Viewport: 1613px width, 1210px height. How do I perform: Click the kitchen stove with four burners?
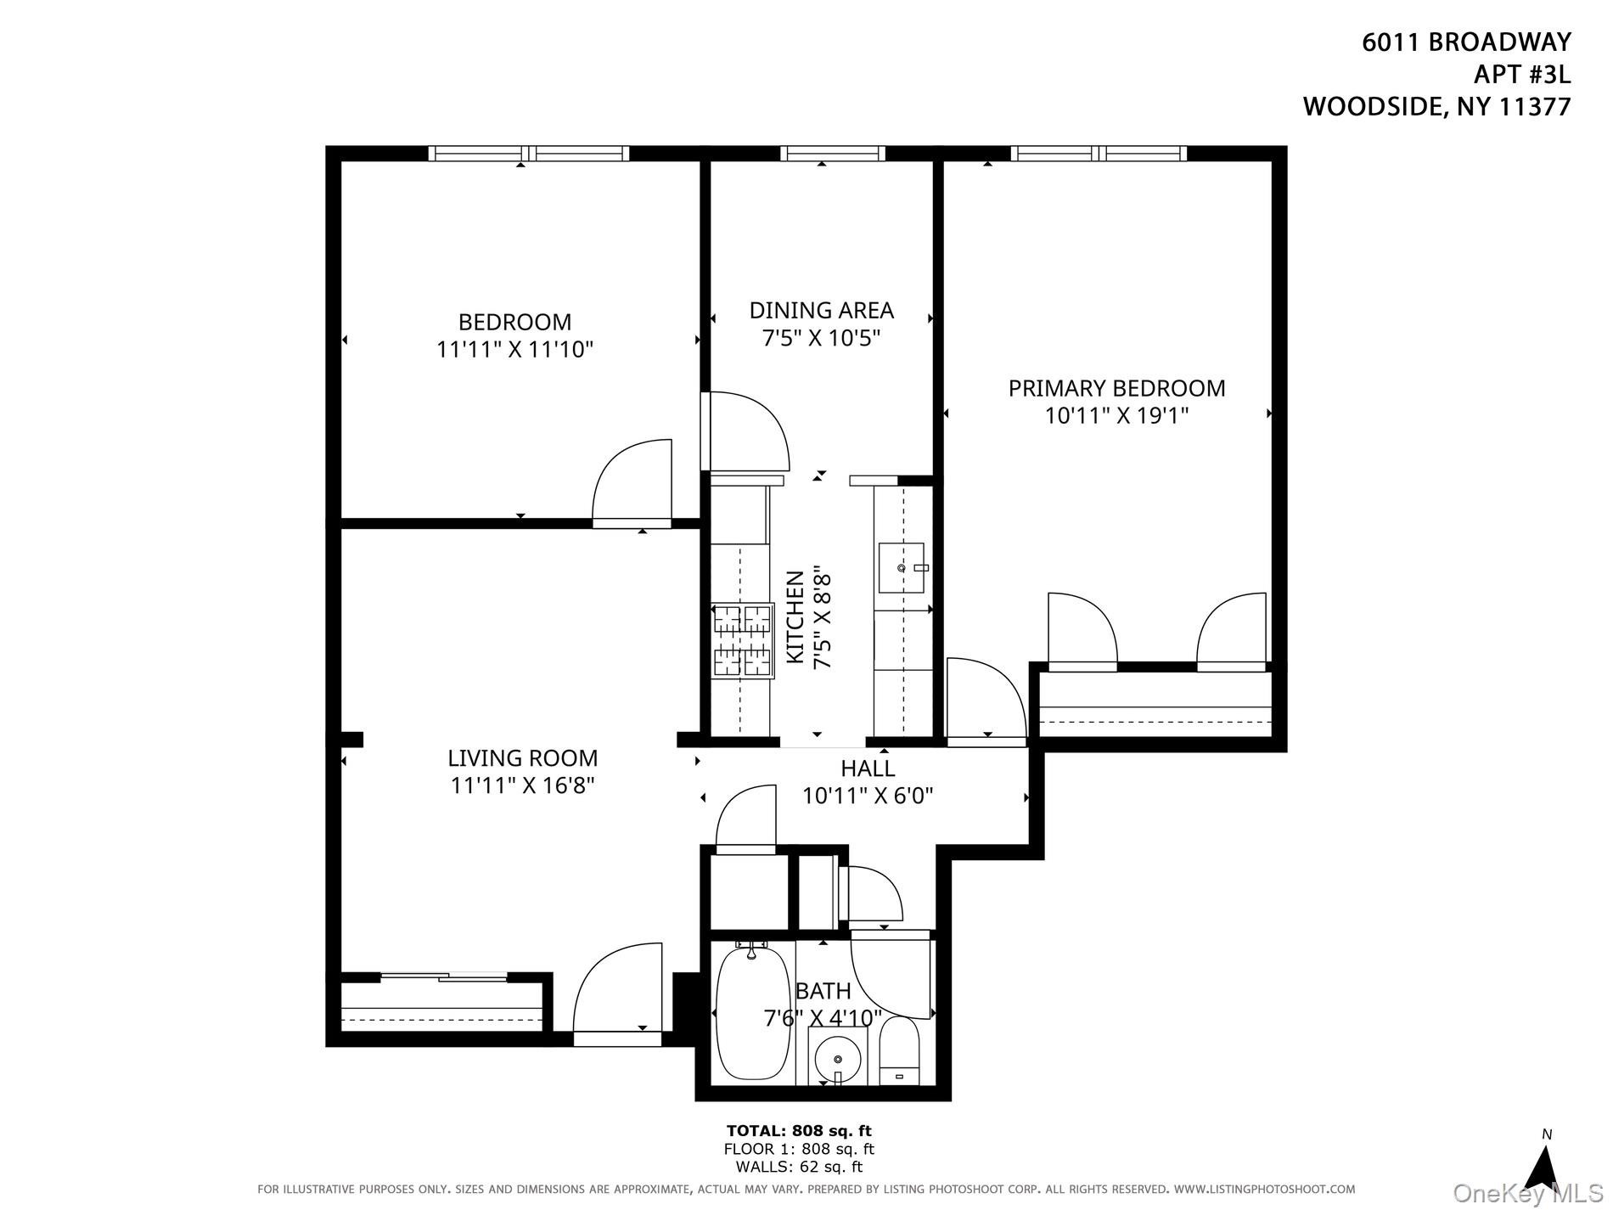click(x=743, y=640)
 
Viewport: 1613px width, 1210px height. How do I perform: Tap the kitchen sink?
click(x=901, y=568)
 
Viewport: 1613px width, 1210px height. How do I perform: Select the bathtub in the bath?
click(x=747, y=1014)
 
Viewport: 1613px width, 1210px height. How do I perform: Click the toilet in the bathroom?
click(x=899, y=1052)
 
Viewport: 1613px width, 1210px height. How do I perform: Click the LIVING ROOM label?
click(x=522, y=758)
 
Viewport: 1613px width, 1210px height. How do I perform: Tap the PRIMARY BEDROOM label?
click(x=1116, y=388)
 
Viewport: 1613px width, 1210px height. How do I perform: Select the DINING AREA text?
click(x=821, y=310)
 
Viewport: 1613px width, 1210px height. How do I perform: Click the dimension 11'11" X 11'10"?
click(x=514, y=349)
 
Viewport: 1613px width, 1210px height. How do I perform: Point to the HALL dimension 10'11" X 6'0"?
click(x=868, y=796)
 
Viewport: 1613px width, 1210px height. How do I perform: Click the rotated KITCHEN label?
click(x=795, y=617)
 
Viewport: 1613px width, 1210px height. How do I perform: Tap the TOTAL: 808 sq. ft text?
click(x=798, y=1130)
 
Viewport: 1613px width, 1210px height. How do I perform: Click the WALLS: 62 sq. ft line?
click(x=798, y=1168)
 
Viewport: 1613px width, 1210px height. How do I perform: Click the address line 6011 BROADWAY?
click(x=1466, y=42)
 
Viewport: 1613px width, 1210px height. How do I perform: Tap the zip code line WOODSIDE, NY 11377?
click(x=1436, y=107)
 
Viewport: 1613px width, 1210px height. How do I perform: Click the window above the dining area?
click(x=832, y=154)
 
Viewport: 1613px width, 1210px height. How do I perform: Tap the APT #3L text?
click(x=1521, y=75)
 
